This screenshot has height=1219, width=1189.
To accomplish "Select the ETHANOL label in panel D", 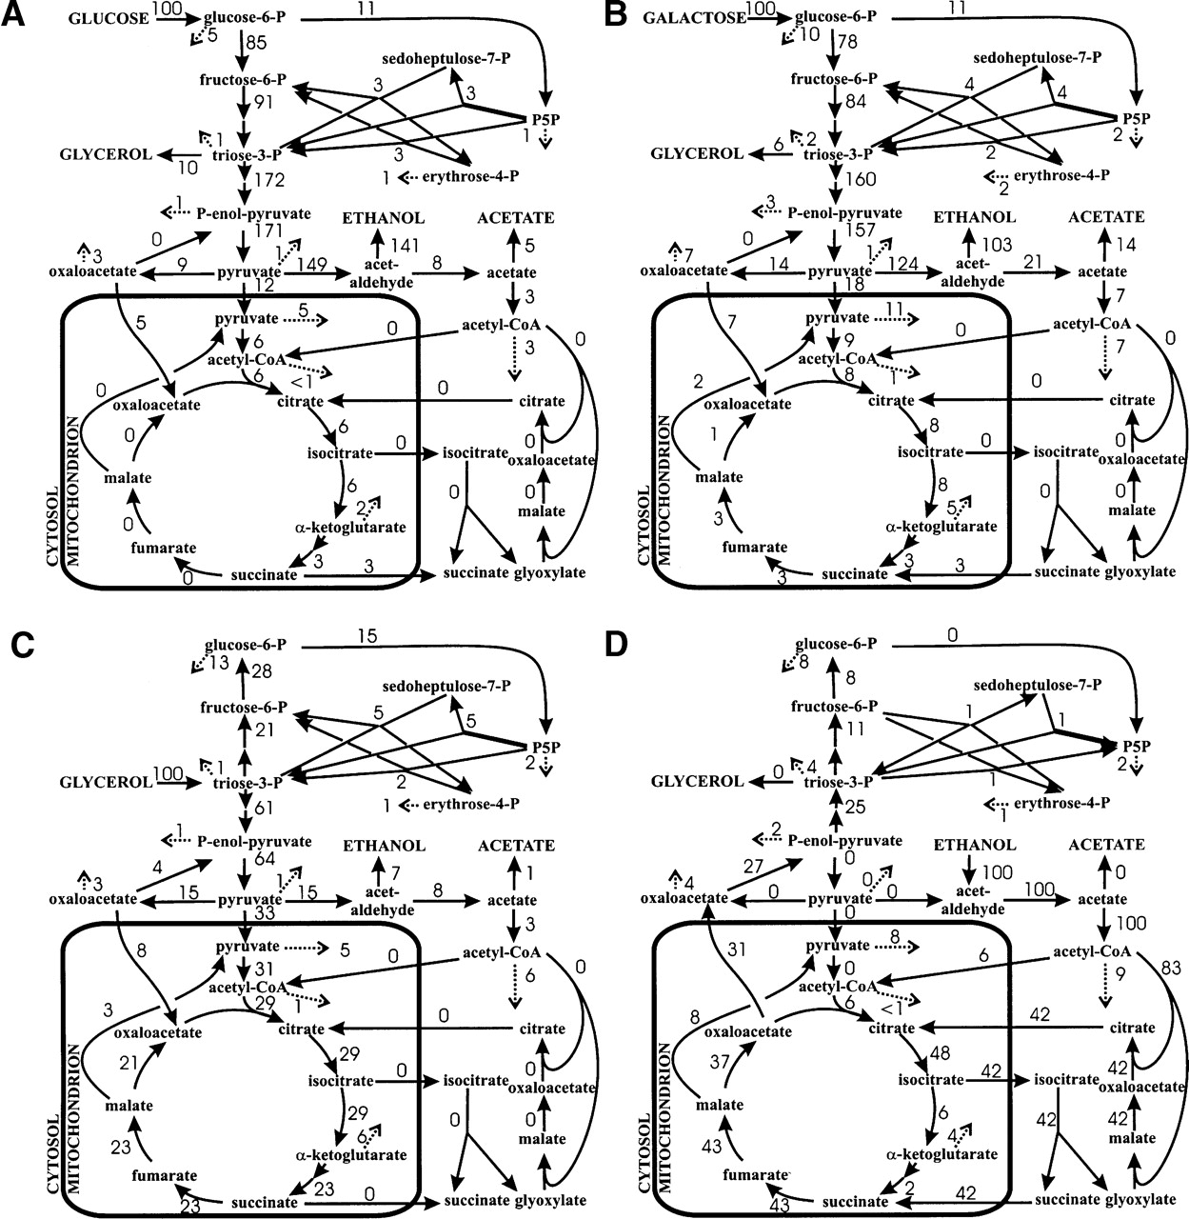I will point(975,845).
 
